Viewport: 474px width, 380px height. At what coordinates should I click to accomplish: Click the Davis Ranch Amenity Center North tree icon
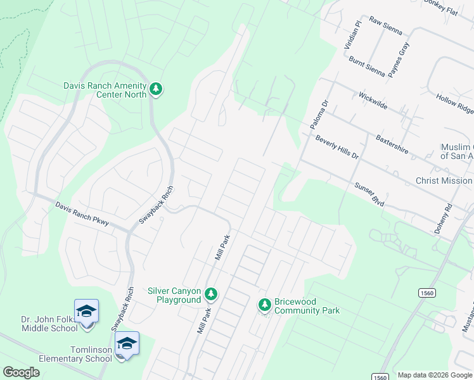pyautogui.click(x=156, y=89)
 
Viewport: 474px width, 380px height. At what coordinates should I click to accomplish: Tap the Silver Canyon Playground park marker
pyautogui.click(x=211, y=294)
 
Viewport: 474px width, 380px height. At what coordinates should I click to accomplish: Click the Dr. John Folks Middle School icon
pyautogui.click(x=86, y=312)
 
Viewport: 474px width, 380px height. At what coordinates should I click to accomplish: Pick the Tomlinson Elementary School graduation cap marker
pyautogui.click(x=127, y=345)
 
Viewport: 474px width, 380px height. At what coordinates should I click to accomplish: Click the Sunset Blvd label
pyautogui.click(x=369, y=193)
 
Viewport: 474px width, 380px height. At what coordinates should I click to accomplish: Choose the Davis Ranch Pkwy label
pyautogui.click(x=82, y=214)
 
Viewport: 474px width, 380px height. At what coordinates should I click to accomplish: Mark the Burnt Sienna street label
pyautogui.click(x=367, y=66)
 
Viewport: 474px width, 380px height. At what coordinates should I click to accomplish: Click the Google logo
pyautogui.click(x=21, y=372)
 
